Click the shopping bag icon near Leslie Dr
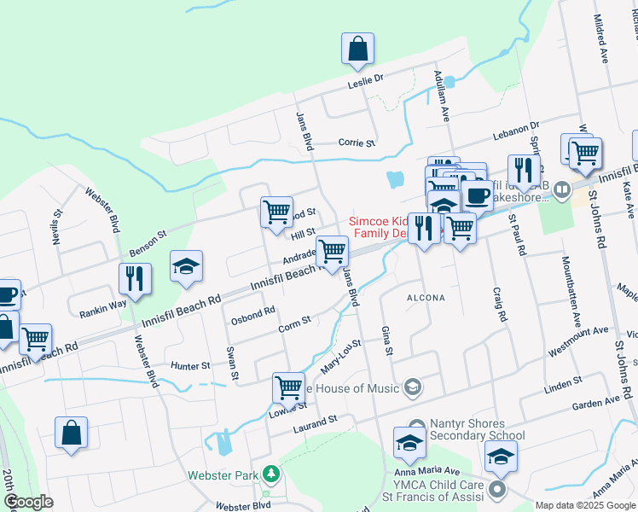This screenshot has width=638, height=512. point(358,49)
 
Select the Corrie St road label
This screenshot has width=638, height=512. point(357,143)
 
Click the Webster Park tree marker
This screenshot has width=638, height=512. point(271,473)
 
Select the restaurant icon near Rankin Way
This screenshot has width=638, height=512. point(135,277)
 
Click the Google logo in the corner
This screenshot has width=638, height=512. point(28,502)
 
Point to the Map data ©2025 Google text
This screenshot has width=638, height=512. point(585,505)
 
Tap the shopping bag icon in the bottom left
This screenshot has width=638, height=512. point(71,432)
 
